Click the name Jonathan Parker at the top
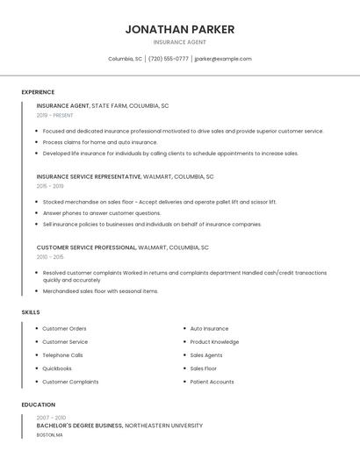pos(179,29)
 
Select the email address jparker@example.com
pos(223,59)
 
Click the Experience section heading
pos(38,92)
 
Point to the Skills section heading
pos(31,312)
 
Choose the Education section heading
pos(38,404)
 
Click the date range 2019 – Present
pos(54,115)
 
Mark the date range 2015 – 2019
pos(50,186)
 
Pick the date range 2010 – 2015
pos(50,257)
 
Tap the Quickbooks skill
pos(57,368)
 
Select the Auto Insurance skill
pos(209,328)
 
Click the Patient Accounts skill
pos(212,382)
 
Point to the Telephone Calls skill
pos(62,355)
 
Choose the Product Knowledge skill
pos(214,342)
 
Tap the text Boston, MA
pos(49,435)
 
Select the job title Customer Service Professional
pos(86,247)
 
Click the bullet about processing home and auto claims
pos(100,142)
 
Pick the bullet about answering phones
pos(102,213)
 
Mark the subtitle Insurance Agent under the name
pos(179,42)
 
